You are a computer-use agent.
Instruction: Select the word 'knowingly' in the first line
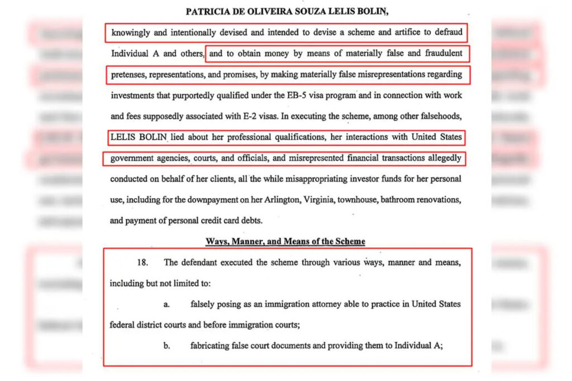coord(131,32)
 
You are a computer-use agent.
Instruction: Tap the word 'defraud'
coord(448,32)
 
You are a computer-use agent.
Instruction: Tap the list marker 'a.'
coord(166,304)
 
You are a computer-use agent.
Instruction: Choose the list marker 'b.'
coord(166,346)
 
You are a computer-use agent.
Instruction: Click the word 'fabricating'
coord(211,346)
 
